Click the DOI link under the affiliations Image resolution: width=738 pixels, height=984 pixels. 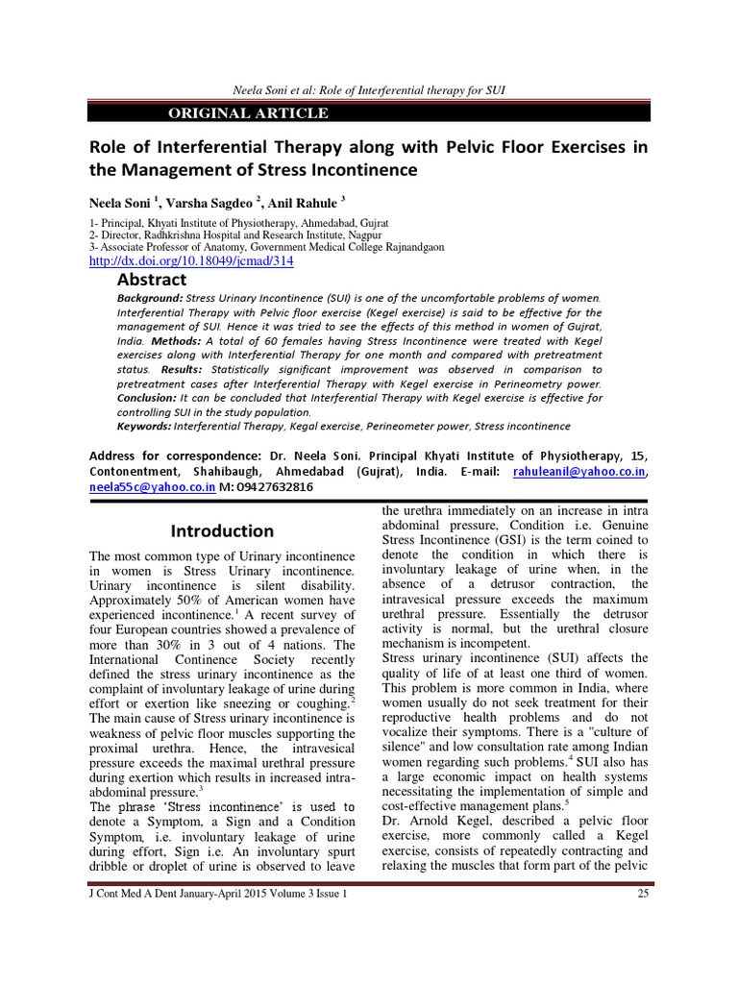[191, 260]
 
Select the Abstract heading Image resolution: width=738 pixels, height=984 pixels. [152, 280]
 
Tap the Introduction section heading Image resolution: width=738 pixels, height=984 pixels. [222, 530]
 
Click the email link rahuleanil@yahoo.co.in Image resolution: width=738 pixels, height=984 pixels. [595, 473]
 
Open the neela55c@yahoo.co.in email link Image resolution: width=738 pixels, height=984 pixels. [138, 488]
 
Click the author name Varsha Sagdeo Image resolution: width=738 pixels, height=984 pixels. [203, 202]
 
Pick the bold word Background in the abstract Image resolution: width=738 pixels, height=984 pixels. [148, 299]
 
